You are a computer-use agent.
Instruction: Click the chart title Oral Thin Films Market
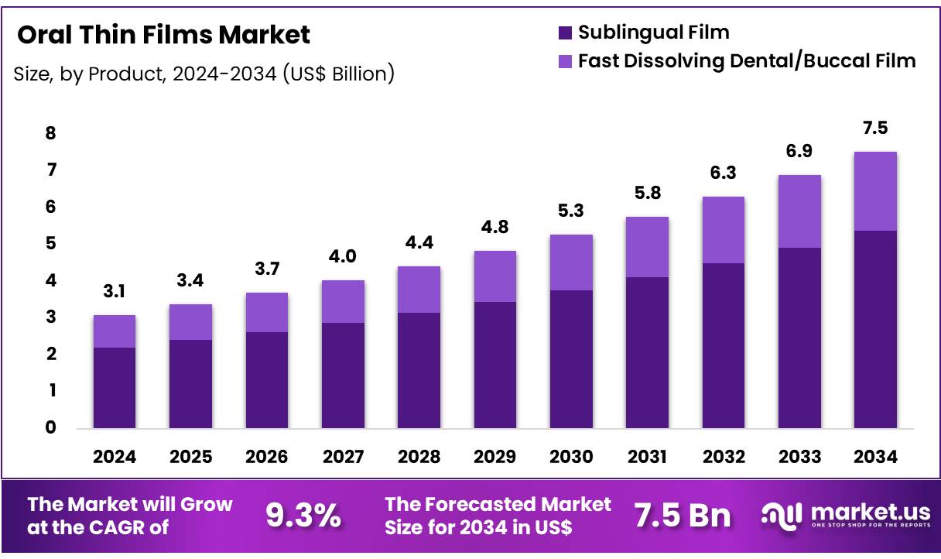point(163,35)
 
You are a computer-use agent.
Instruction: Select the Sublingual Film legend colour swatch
point(565,33)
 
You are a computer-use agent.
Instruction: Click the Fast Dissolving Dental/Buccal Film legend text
point(747,60)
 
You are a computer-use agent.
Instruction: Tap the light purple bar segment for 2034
point(875,191)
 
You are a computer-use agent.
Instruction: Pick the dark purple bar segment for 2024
point(114,387)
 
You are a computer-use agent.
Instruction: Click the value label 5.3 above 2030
point(571,211)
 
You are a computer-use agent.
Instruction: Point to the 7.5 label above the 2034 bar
point(875,128)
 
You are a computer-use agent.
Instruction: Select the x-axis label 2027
point(343,457)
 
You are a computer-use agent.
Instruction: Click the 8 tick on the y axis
point(50,133)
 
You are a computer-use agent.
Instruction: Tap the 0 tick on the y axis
point(50,427)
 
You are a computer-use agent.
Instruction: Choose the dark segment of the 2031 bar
point(647,352)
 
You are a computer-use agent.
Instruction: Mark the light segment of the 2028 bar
point(419,290)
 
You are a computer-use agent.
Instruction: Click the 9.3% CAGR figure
point(303,515)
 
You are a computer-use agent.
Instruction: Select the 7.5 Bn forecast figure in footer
point(683,515)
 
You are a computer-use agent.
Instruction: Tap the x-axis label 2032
point(724,457)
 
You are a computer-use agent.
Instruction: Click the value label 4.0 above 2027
point(343,256)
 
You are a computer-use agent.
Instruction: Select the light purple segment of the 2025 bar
point(190,322)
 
